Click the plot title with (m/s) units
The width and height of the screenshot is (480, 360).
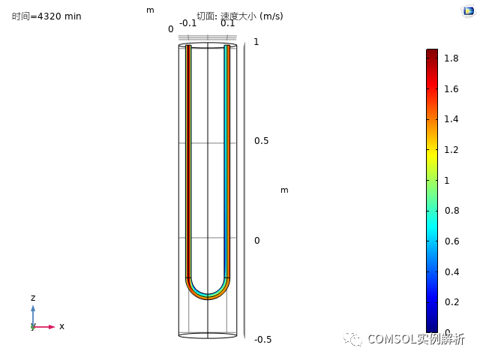(240, 16)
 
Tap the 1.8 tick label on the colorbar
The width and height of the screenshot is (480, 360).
(451, 58)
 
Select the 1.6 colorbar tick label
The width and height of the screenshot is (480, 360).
(451, 89)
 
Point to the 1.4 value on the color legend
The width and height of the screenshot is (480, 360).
(451, 118)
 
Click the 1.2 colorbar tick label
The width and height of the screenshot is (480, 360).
(451, 150)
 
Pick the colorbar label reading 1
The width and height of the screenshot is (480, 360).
(447, 180)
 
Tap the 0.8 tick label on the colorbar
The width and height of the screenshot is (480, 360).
(451, 211)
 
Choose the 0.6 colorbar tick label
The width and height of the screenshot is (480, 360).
(451, 241)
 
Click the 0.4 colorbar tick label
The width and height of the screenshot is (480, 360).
(451, 271)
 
